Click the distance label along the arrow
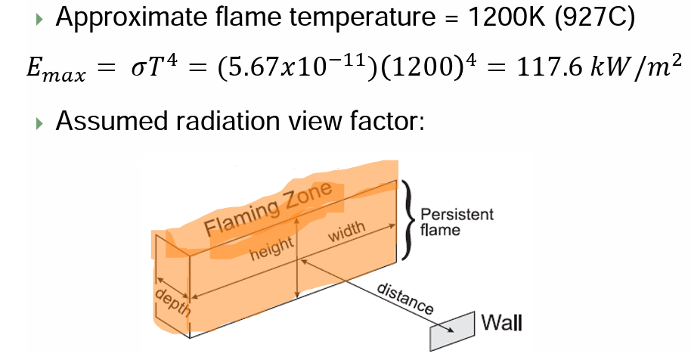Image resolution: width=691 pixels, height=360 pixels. pos(404,299)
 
